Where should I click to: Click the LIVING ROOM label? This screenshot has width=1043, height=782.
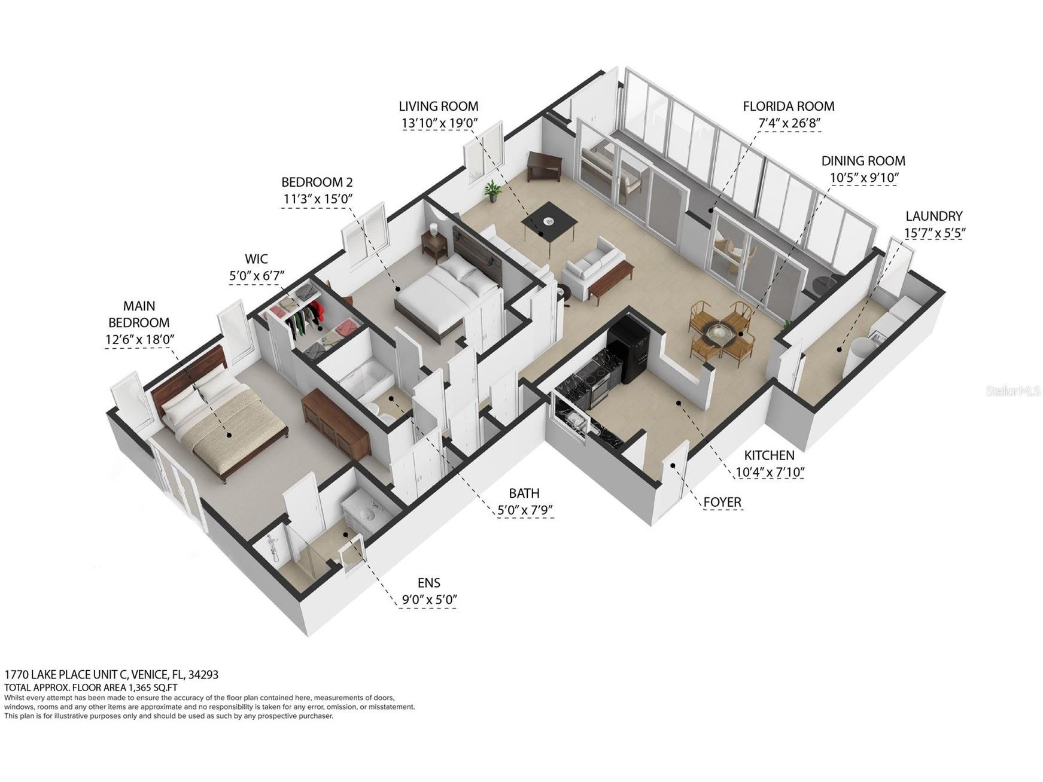click(x=438, y=107)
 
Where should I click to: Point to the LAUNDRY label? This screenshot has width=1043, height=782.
click(x=933, y=216)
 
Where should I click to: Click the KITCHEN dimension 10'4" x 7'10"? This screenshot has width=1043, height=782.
click(x=769, y=472)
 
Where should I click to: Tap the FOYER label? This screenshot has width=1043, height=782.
click(x=722, y=502)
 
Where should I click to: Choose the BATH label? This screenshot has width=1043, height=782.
click(x=524, y=493)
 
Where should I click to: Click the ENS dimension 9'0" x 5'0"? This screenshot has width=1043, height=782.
click(x=428, y=600)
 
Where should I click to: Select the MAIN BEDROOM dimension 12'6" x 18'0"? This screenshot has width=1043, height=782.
click(x=139, y=340)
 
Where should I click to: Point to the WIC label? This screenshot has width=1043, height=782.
click(x=256, y=259)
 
